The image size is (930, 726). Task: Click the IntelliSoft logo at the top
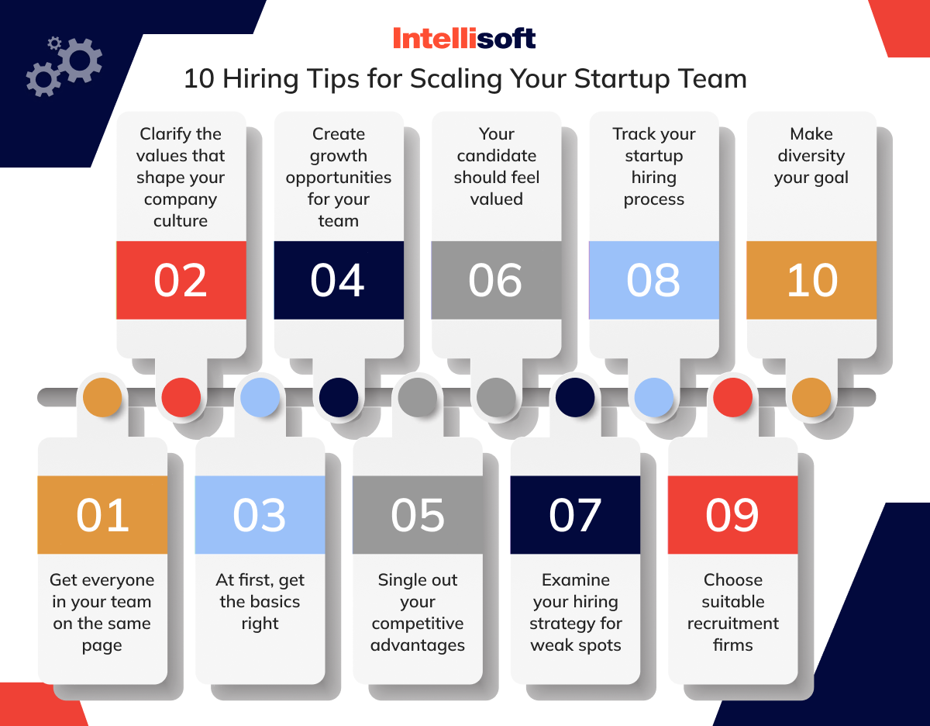(464, 38)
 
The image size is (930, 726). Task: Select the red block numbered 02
(181, 280)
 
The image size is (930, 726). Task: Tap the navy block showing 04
(339, 280)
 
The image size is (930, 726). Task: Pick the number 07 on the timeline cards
(575, 514)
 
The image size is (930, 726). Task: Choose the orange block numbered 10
(811, 280)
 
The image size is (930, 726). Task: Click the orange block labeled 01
(102, 514)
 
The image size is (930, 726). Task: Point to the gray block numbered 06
(496, 280)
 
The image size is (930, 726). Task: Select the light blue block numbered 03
(260, 514)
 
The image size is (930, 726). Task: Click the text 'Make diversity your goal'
(811, 156)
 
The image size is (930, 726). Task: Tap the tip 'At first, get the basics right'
(260, 601)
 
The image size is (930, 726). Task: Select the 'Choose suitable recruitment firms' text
(732, 612)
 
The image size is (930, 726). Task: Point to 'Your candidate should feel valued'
(496, 167)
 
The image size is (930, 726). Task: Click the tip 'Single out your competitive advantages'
(418, 612)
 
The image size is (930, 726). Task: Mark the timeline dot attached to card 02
(181, 398)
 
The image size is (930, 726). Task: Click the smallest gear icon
(53, 43)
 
